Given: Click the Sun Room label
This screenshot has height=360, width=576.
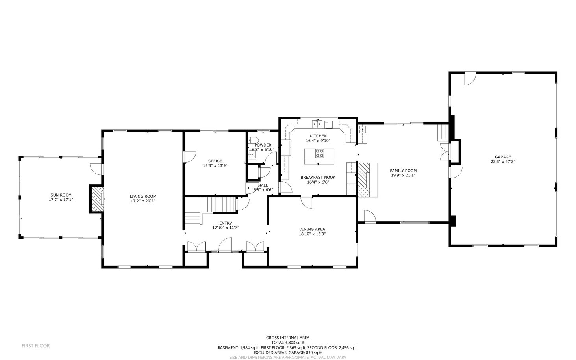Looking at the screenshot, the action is pos(61,195).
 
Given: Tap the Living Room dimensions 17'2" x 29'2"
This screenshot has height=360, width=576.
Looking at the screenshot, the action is pos(143,201).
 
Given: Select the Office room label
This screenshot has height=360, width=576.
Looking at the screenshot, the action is pos(215,161).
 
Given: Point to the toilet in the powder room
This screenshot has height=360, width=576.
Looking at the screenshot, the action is pos(253,140).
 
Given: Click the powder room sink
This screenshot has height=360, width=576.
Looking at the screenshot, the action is pos(252,154).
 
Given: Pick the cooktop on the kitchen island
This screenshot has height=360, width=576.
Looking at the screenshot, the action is pos(320,153).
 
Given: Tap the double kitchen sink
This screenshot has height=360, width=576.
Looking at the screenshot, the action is pos(317,124).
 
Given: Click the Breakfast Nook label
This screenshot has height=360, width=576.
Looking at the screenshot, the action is pos(318,178).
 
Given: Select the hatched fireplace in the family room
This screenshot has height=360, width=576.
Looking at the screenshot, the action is pos(364,180).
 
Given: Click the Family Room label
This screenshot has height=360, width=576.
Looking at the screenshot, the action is pos(403,171).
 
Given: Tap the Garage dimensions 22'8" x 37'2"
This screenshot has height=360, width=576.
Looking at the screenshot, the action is pos(503,161).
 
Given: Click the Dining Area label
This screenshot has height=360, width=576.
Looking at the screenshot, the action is pos(312,229).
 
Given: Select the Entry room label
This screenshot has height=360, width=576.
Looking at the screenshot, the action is pos(226,223).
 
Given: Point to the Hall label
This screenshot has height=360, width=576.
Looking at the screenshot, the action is pos(263,185).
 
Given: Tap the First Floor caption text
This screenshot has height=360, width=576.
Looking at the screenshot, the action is pos(36,346).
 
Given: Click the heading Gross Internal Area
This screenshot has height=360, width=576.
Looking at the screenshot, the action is pos(288,338).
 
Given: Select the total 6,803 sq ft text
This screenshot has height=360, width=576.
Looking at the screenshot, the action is pos(288,343).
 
